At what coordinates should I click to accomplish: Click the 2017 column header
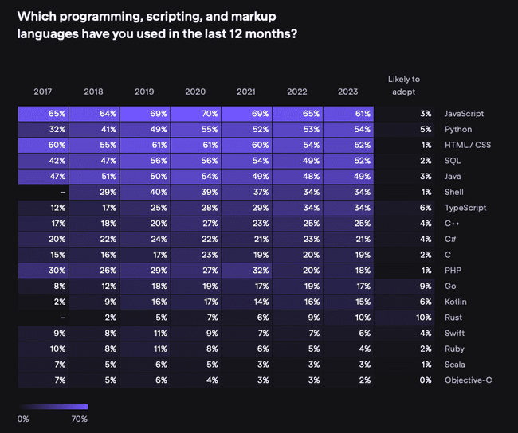(x=43, y=92)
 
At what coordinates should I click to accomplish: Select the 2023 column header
(x=347, y=92)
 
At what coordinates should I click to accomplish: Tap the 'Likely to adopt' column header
(x=403, y=84)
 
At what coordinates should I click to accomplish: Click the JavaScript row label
(x=463, y=114)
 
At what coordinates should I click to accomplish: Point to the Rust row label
(x=453, y=318)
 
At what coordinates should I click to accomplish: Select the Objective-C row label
(x=468, y=380)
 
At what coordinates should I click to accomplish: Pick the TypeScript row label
(x=465, y=208)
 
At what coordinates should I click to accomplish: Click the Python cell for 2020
(x=195, y=130)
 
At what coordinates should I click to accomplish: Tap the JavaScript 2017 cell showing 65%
(x=43, y=114)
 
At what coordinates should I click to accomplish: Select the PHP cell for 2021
(x=246, y=271)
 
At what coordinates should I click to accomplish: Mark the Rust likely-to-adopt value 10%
(x=424, y=318)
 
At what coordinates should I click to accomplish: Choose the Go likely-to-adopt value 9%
(x=426, y=287)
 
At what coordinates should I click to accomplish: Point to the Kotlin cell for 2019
(x=144, y=302)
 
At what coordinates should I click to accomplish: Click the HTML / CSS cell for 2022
(x=297, y=145)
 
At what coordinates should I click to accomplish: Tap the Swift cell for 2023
(x=348, y=334)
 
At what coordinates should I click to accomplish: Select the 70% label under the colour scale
(x=79, y=419)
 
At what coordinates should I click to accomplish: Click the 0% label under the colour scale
(x=24, y=419)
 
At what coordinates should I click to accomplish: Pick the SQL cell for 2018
(x=94, y=161)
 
